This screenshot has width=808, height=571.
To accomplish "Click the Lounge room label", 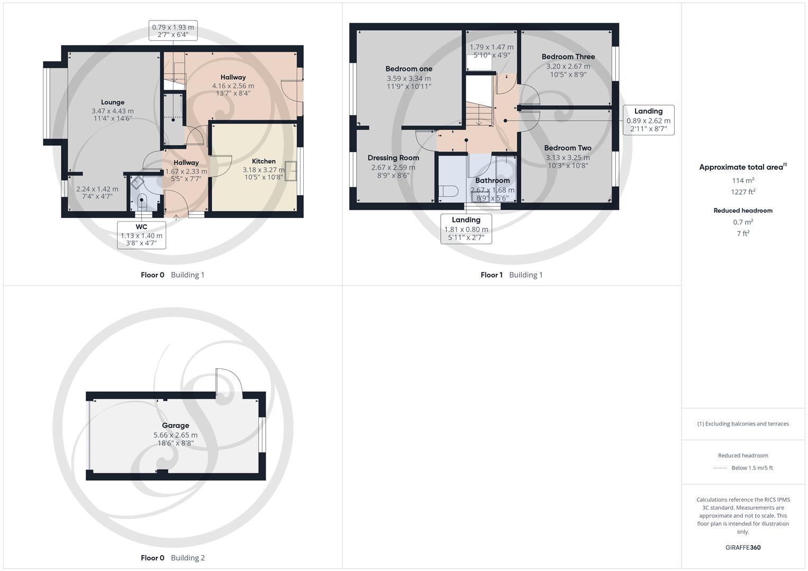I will pyautogui.click(x=113, y=103).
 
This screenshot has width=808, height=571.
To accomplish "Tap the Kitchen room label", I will pyautogui.click(x=264, y=161).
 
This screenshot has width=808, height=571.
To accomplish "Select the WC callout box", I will pyautogui.click(x=141, y=235).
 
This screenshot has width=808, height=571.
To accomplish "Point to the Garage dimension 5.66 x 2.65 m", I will pyautogui.click(x=175, y=435).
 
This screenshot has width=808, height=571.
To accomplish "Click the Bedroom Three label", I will pyautogui.click(x=568, y=57).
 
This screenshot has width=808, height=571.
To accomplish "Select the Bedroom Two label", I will pyautogui.click(x=567, y=148).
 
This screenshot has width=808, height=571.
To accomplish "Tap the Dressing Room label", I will pyautogui.click(x=393, y=158).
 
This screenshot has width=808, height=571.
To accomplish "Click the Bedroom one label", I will pyautogui.click(x=408, y=69).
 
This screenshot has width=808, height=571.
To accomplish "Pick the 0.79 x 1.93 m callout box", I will pyautogui.click(x=173, y=31).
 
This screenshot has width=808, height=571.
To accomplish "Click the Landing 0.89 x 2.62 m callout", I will pyautogui.click(x=648, y=120).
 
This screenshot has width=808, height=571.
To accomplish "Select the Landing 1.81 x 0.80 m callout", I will pyautogui.click(x=466, y=229).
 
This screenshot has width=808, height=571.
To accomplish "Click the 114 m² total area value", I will pyautogui.click(x=742, y=180).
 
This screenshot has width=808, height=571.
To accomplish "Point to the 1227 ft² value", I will pyautogui.click(x=742, y=192).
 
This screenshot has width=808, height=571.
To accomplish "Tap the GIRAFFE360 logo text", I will pyautogui.click(x=742, y=548).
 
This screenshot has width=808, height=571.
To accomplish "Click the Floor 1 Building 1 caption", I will pyautogui.click(x=511, y=275).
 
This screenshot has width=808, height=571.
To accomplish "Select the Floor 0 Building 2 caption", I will pyautogui.click(x=173, y=558).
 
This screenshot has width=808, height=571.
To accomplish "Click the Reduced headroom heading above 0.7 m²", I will pyautogui.click(x=742, y=210).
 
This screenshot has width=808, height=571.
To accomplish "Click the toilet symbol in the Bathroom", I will pyautogui.click(x=449, y=191).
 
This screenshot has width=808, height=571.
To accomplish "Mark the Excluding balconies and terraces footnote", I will pyautogui.click(x=742, y=423).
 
